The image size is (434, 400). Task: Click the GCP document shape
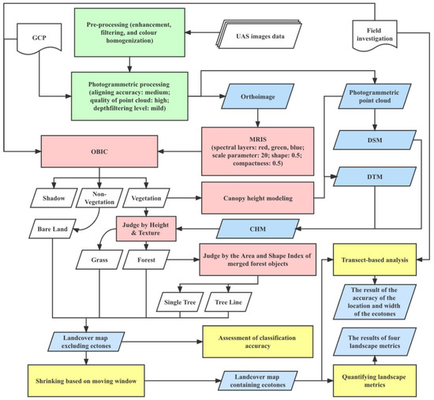click(x=37, y=39)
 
